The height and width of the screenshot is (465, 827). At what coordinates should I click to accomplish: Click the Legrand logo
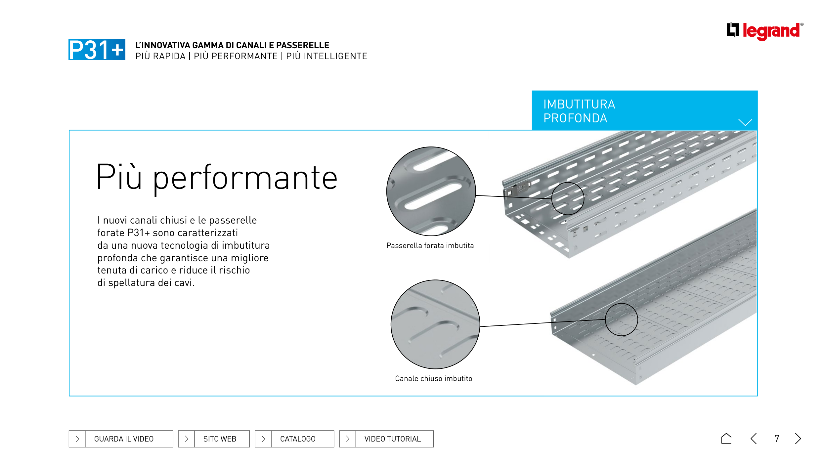coord(764,31)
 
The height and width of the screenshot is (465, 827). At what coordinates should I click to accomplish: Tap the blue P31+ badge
coord(97,49)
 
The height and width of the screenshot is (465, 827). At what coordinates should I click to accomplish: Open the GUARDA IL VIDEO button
coord(121,439)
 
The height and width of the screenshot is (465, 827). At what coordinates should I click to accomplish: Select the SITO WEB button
coord(214,439)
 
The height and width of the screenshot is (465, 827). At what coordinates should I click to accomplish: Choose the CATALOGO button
coord(294,439)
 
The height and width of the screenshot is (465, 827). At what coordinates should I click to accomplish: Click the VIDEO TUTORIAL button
coord(386,439)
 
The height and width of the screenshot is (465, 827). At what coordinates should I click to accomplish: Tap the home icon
coord(726,438)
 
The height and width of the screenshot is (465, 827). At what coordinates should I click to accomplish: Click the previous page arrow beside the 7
coord(754,439)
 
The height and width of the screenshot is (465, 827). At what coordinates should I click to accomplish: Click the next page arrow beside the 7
coord(798,439)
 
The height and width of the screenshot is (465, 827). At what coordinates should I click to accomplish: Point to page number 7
coord(777,439)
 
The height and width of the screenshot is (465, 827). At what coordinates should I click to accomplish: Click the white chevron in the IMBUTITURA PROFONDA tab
coord(745,122)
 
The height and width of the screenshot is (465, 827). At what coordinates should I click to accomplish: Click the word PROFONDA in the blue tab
coord(575,118)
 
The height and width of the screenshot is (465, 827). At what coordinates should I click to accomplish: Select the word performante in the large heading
coord(245,179)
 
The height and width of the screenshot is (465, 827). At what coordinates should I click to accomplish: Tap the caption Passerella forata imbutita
coord(430,245)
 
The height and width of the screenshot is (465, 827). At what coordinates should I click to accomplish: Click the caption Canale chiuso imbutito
coord(434,378)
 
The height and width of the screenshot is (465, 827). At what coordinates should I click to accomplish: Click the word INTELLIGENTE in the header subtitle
coord(327,56)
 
